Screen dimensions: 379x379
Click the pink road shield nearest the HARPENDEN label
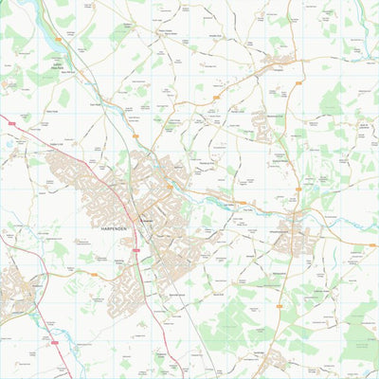click(135, 249)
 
